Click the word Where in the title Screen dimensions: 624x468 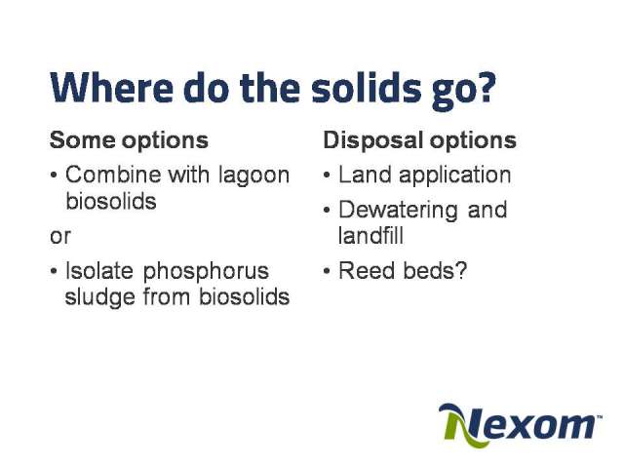point(111,88)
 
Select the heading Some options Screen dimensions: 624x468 point(129,140)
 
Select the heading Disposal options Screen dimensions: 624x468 point(419,140)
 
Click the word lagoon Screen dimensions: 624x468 point(253,175)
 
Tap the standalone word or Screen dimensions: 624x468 point(60,237)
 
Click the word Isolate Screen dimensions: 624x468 point(99,271)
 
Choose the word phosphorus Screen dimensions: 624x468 point(206,272)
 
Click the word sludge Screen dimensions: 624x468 point(99,297)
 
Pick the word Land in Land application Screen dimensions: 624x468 point(365,175)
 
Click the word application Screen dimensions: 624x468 point(455,175)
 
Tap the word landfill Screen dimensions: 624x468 point(370,235)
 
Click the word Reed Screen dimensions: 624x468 point(366,271)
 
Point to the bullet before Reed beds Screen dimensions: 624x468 point(327,271)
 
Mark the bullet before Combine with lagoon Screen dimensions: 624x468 point(54,175)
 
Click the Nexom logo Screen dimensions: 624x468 point(520,425)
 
